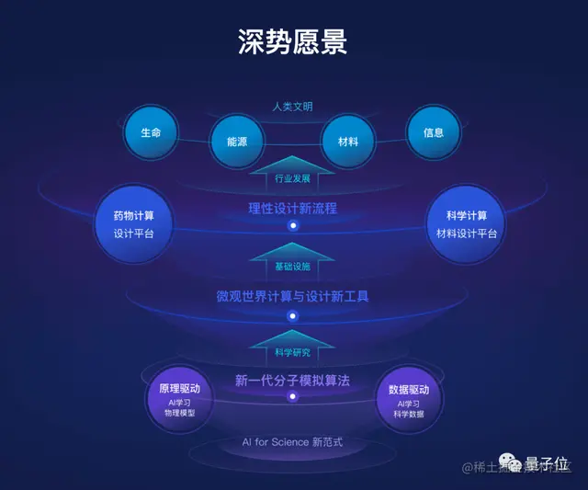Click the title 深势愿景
click(x=292, y=42)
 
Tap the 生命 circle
click(x=151, y=132)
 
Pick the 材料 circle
click(x=347, y=142)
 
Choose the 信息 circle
click(x=434, y=132)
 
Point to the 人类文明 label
click(x=292, y=107)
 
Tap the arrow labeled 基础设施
click(x=292, y=260)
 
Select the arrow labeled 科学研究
click(x=292, y=347)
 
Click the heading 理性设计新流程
click(x=292, y=208)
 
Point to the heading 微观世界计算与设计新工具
click(x=292, y=296)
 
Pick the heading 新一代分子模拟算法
click(x=292, y=380)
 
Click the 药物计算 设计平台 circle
click(x=133, y=224)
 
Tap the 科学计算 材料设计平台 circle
click(x=467, y=224)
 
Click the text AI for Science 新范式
click(x=292, y=442)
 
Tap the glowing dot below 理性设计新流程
click(x=293, y=225)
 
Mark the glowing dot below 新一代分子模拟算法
click(x=293, y=397)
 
